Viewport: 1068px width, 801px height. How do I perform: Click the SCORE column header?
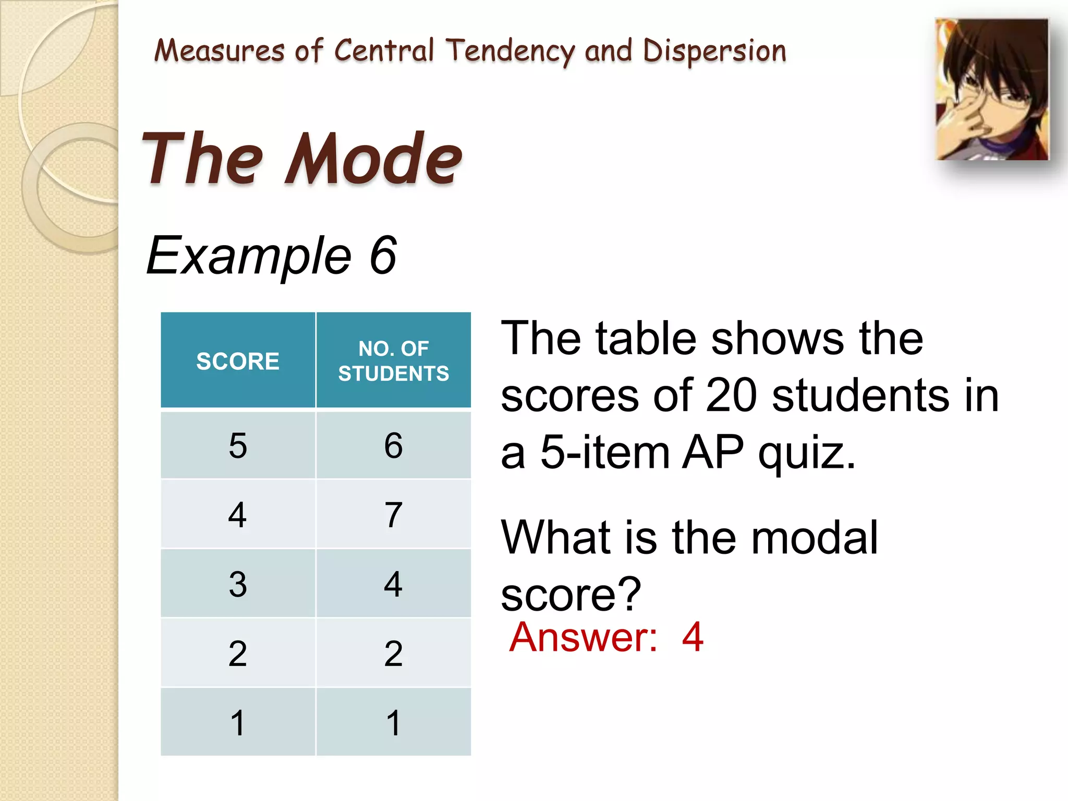238,361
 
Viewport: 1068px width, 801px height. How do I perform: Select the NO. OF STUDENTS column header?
393,361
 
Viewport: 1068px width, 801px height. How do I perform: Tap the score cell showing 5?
238,446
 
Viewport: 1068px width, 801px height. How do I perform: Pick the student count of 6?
393,446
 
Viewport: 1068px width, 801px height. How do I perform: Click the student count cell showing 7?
393,515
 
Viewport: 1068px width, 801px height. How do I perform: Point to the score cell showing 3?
238,584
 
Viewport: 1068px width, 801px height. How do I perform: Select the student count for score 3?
393,584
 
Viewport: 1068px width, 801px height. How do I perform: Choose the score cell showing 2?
238,653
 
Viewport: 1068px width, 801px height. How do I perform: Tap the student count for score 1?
393,723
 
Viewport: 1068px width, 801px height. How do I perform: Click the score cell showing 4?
238,515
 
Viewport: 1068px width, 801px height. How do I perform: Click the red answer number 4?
693,637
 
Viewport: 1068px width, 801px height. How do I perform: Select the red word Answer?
583,637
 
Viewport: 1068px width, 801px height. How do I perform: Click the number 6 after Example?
383,256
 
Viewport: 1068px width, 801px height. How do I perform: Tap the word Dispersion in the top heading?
714,51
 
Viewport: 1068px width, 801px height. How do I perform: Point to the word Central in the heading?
384,51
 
